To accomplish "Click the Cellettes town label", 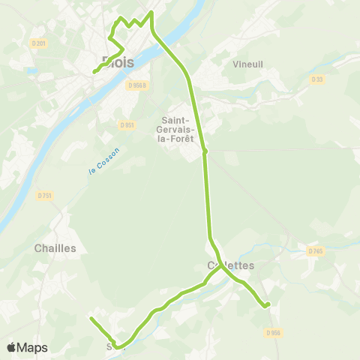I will (230, 265).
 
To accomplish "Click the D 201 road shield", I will (39, 43).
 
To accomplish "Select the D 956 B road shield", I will (136, 85).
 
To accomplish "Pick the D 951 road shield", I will (127, 124).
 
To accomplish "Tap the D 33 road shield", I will (317, 79).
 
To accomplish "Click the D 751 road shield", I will (45, 196).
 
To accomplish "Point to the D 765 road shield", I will (314, 251).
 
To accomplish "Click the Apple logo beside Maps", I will (11, 348).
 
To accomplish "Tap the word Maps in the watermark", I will (32, 348).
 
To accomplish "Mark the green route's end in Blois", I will (94, 72).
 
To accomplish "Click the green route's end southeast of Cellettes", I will (268, 304).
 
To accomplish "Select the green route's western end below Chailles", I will (91, 319).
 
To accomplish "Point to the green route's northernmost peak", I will (151, 12).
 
